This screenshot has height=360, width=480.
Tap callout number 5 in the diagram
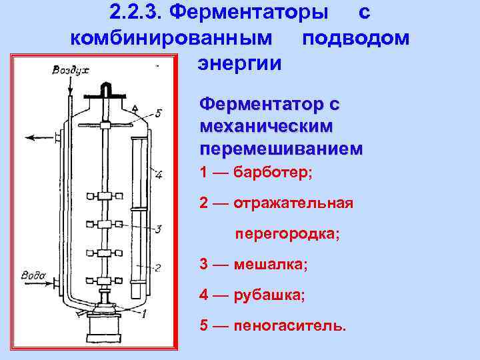point(157,112)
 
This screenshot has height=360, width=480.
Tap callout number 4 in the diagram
point(158,176)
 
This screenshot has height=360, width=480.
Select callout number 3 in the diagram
point(158,229)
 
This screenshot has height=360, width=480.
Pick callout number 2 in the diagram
point(157,268)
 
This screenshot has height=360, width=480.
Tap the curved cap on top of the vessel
point(105,88)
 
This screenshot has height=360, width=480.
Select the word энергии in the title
point(239,63)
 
